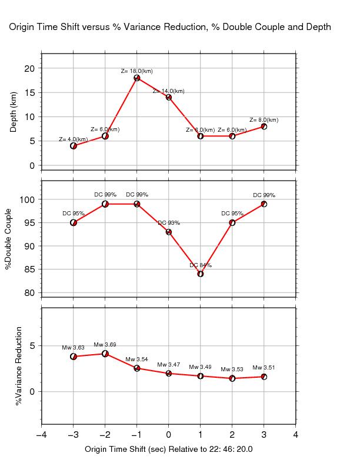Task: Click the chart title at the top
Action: (x=168, y=27)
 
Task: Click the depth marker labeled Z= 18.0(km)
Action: (x=137, y=78)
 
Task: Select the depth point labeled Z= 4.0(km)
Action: (x=74, y=145)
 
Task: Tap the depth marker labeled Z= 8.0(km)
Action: (x=264, y=126)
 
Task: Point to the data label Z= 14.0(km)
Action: (x=168, y=91)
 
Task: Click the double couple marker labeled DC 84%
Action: (x=201, y=274)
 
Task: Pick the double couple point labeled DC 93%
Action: (x=169, y=232)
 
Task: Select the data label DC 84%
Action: (x=201, y=265)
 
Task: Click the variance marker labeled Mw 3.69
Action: (x=105, y=354)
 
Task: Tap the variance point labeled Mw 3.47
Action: (x=169, y=373)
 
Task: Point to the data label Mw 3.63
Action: (x=74, y=348)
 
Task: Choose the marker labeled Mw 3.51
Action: (x=264, y=377)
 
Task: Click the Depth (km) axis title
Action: (x=14, y=112)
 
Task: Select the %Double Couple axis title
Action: (x=9, y=239)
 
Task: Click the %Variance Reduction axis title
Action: (x=19, y=366)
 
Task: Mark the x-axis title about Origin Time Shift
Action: (x=169, y=449)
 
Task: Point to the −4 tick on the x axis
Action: (x=41, y=435)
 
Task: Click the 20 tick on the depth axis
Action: (x=29, y=68)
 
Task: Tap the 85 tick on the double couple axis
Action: (x=29, y=269)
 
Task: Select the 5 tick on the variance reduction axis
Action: (x=33, y=345)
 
